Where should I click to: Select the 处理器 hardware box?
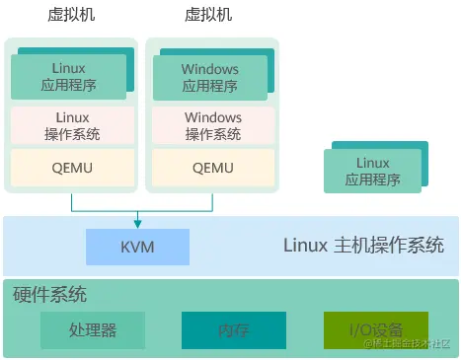(93, 330)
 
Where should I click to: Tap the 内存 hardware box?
(234, 330)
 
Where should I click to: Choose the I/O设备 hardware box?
(376, 330)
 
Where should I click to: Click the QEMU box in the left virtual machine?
(71, 167)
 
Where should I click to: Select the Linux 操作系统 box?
(71, 125)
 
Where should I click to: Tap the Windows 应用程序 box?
(210, 77)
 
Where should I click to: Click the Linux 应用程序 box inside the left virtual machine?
(69, 77)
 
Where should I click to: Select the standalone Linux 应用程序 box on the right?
(373, 172)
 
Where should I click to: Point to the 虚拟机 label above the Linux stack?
(71, 15)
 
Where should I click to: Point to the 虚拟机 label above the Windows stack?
(208, 15)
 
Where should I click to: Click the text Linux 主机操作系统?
(363, 246)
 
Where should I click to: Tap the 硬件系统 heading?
(49, 294)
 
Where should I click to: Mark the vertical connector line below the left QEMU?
(71, 201)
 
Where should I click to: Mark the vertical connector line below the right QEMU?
(212, 201)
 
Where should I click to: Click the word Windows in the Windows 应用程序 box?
(210, 69)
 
